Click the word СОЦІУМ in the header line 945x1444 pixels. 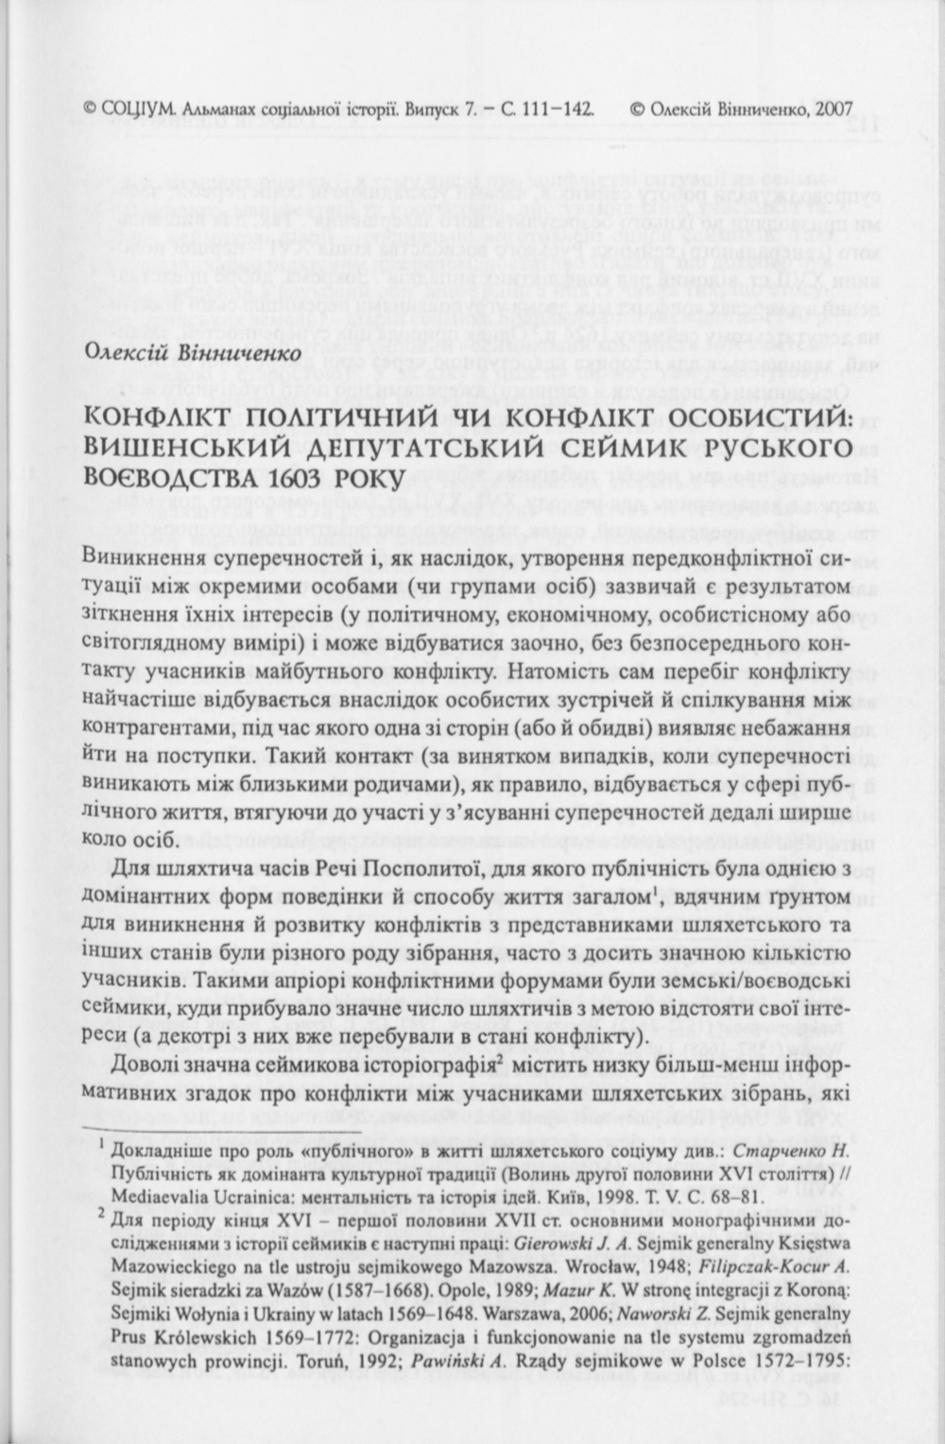coord(137,109)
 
